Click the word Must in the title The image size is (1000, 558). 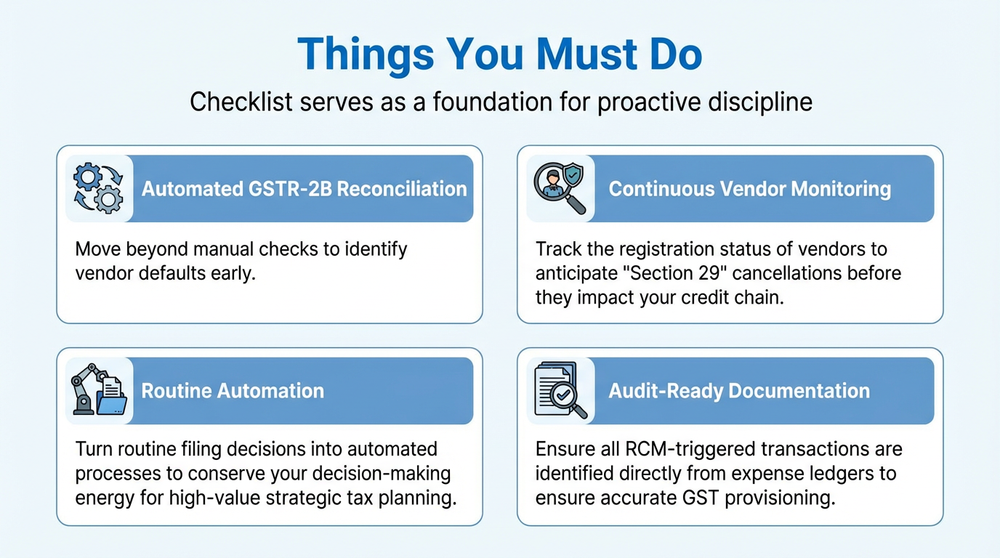point(586,54)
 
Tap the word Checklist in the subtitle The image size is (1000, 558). point(241,102)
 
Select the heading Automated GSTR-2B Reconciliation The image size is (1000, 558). point(304,189)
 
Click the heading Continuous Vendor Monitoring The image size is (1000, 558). point(749,189)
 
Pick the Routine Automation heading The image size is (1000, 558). point(233,391)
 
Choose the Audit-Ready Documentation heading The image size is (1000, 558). point(739,391)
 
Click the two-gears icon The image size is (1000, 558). point(98,188)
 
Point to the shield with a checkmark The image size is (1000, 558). point(573,174)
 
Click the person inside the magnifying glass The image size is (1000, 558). point(552,183)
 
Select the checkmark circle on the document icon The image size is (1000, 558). point(563,395)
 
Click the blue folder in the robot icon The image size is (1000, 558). point(112,405)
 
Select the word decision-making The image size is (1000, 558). point(382,474)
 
